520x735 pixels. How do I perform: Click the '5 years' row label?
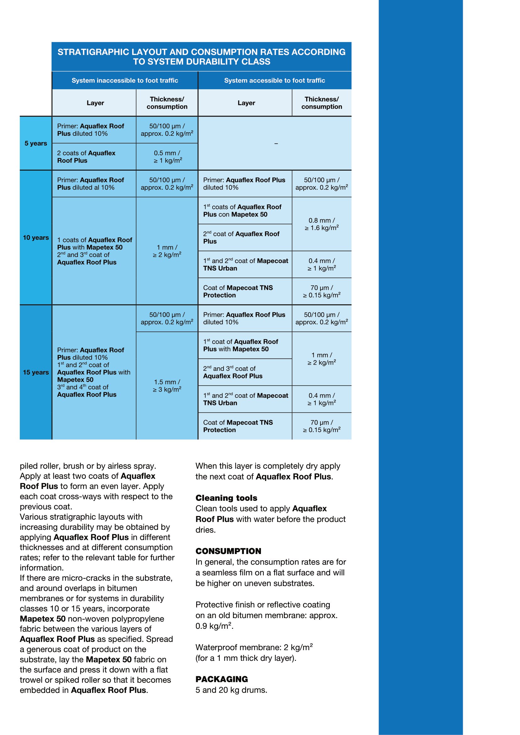tap(36, 143)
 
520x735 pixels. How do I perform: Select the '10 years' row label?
tap(36, 238)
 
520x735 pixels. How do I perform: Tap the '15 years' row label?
tap(36, 372)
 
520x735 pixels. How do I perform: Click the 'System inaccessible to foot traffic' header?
tap(124, 80)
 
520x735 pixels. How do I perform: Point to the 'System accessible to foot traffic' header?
tap(274, 80)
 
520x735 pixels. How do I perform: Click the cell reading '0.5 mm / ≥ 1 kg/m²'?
tap(167, 157)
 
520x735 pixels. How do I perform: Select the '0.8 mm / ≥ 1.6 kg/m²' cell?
tap(322, 224)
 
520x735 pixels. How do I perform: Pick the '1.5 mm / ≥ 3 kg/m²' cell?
tap(167, 386)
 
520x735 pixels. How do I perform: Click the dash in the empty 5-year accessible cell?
tap(276, 144)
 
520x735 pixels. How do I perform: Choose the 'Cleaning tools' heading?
tap(226, 498)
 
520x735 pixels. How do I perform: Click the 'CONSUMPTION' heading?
tap(228, 551)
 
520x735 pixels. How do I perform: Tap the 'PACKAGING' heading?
tap(222, 679)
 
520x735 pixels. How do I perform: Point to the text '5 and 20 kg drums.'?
tap(231, 690)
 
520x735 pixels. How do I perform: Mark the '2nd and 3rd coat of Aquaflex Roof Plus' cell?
tap(233, 372)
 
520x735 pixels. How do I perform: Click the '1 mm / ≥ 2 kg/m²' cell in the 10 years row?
tap(167, 251)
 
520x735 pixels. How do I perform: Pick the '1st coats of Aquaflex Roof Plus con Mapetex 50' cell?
tap(242, 211)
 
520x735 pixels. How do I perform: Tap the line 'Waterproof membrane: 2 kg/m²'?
tap(254, 647)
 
